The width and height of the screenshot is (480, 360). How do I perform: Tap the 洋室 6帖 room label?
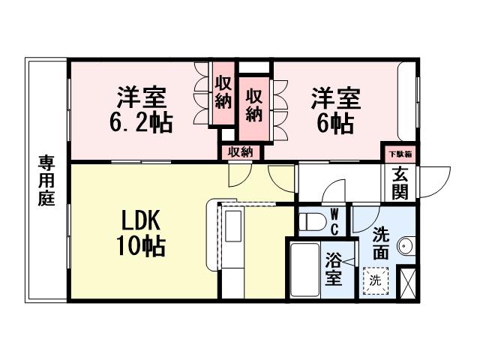click(335, 110)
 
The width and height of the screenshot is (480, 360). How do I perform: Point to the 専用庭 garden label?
click(47, 181)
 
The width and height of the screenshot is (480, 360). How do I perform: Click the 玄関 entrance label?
click(399, 182)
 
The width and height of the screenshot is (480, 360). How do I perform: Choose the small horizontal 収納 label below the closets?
click(241, 151)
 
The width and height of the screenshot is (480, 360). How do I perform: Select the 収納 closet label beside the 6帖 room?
click(255, 106)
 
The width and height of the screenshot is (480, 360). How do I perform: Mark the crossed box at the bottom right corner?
click(408, 283)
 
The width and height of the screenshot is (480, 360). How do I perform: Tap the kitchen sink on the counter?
click(232, 225)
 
